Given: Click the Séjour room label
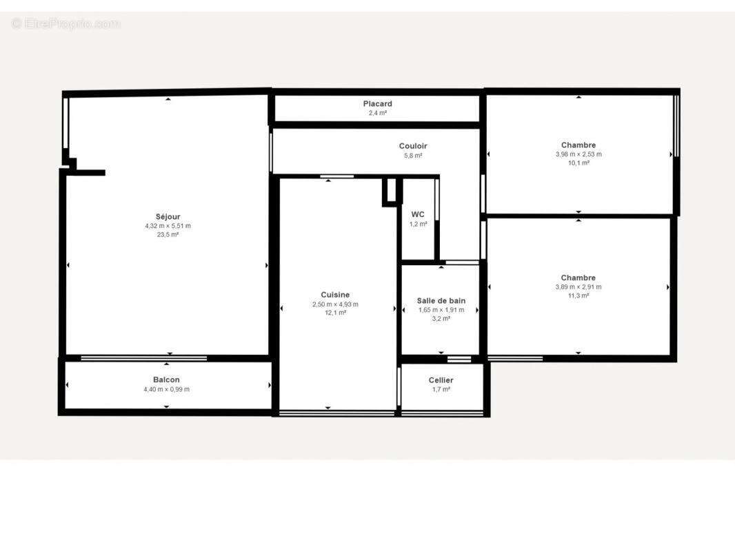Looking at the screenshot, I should tap(168, 217).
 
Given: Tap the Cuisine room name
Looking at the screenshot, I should tap(335, 295).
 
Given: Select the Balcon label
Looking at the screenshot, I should tap(166, 380).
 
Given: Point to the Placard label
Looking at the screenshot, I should tap(377, 104).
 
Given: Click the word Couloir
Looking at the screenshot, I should tap(413, 146).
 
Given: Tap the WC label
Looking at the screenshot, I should tap(418, 214).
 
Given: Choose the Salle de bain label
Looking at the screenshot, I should tap(441, 301).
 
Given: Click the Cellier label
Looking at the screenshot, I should tap(441, 380).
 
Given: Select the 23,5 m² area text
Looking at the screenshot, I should tap(168, 235).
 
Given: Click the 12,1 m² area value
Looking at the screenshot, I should tap(335, 313).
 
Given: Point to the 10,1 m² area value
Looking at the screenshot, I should tap(578, 163).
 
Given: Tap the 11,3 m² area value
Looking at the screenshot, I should tap(578, 296).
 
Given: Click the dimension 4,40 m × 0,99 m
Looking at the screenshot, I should tap(166, 390).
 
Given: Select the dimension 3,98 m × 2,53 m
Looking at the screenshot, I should tap(578, 154).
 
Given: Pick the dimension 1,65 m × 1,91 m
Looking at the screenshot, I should tap(441, 310).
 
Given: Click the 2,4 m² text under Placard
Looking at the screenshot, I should tap(377, 113).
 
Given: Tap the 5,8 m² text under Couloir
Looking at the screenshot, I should tap(413, 156).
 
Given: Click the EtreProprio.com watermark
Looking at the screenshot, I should tap(66, 24).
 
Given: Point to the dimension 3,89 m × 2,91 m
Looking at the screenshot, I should tap(578, 287).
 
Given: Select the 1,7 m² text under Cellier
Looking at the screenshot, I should tap(441, 390).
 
